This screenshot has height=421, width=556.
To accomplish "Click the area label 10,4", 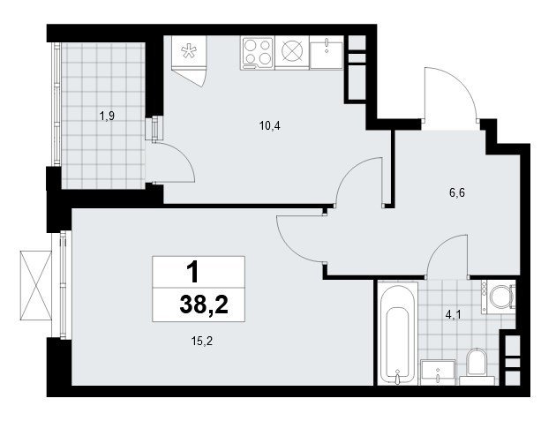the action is [270, 125].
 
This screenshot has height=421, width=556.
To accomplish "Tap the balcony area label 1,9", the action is [107, 116].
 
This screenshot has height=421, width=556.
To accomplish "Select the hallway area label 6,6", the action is [457, 193].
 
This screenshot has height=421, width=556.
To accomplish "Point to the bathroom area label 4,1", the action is [453, 314].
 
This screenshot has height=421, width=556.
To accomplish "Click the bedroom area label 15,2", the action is [202, 342].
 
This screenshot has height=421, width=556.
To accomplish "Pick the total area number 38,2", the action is [204, 305].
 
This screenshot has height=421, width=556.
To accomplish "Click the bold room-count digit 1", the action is [192, 273].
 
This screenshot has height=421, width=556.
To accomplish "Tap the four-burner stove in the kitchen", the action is [258, 53].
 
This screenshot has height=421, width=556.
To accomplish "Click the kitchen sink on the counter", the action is [326, 52].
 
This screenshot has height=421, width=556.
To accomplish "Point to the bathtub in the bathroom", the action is [397, 333].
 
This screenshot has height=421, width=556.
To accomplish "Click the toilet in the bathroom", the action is [476, 365].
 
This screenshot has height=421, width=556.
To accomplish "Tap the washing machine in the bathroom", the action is [498, 297].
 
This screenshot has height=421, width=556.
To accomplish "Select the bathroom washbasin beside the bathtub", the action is [439, 372].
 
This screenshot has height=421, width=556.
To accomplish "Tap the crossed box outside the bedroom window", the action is [36, 285].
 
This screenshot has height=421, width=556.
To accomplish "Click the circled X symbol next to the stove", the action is [292, 50].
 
